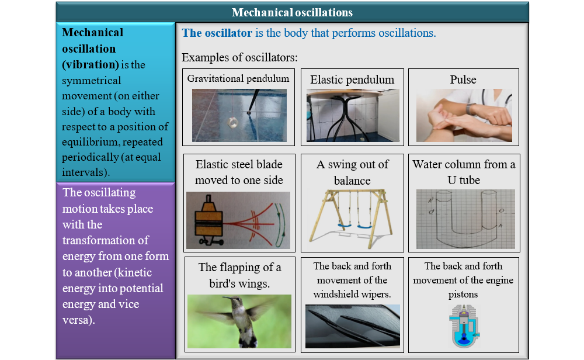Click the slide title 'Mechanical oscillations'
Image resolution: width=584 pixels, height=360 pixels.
click(292, 12)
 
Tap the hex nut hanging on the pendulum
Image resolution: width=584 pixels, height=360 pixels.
click(233, 122)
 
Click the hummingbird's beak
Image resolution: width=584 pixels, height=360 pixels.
click(228, 298)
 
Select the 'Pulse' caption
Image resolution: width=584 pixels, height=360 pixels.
click(463, 79)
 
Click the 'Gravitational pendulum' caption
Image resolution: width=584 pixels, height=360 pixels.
click(238, 79)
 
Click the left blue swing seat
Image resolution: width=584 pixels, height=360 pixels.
click(345, 226)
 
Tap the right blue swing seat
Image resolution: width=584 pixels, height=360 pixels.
click(364, 226)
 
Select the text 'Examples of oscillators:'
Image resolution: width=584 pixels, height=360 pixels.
click(239, 57)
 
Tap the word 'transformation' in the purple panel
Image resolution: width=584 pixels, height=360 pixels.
click(105, 240)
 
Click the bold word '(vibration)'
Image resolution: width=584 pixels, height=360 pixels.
click(91, 64)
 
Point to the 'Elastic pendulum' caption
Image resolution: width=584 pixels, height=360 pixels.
click(352, 79)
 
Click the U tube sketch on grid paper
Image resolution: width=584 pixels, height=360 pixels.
click(465, 219)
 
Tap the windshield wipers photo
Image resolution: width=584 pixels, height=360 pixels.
click(352, 326)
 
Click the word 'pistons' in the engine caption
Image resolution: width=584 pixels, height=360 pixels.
click(463, 295)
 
